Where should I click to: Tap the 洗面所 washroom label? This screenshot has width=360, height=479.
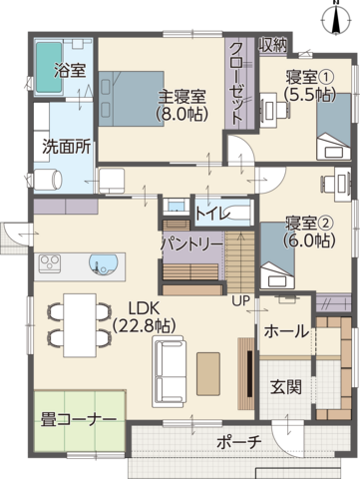[x=66, y=145]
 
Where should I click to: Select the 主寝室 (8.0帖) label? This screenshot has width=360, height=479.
[x=182, y=105]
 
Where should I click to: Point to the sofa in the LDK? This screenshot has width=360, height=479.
[x=170, y=370]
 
